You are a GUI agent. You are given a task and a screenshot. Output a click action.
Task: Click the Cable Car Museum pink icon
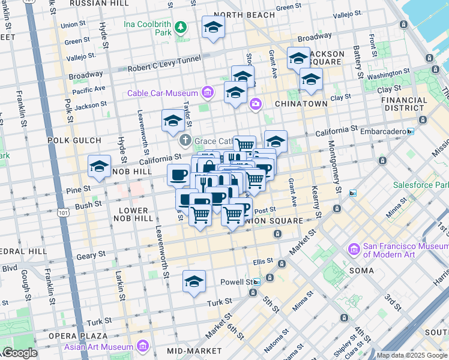tap(208, 92)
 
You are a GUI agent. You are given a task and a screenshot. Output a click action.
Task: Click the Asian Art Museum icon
tap(143, 347)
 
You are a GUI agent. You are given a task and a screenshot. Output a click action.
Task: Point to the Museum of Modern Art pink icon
tap(354, 249)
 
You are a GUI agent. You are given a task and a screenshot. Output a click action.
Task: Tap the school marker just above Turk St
tap(194, 281)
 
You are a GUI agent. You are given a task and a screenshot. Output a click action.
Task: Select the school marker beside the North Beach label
tap(213, 26)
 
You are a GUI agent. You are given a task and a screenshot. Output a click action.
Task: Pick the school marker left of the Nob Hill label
tap(99, 166)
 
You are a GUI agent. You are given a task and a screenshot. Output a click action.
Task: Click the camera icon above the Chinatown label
tap(256, 104)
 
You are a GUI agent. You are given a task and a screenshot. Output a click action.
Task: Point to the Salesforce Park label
tap(420, 185)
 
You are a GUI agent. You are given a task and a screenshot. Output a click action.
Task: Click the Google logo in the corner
tap(19, 353)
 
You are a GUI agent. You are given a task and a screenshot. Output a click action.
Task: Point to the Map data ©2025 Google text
tap(412, 355)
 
